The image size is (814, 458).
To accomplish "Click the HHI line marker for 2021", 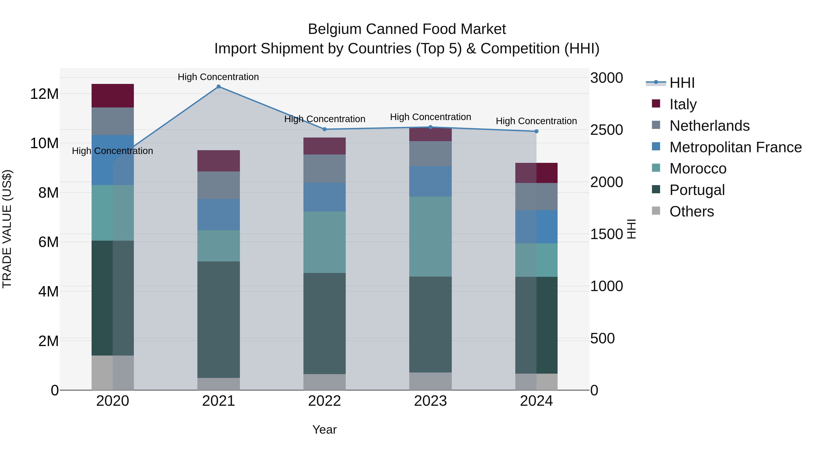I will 218,87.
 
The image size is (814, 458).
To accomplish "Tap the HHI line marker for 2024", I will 536,131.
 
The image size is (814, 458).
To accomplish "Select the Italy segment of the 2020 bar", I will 113,96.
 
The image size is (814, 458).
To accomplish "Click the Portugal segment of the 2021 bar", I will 218,319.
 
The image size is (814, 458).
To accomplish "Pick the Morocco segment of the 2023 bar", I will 430,236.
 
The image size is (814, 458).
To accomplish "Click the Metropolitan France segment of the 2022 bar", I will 324,197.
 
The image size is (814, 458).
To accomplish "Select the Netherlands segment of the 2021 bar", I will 218,185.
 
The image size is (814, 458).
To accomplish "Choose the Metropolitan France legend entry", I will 735,147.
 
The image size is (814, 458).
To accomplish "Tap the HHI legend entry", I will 681,83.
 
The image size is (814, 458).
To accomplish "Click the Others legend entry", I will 691,211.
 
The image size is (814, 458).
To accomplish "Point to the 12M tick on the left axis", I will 44,94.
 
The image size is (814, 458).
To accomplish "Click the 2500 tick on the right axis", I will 606,130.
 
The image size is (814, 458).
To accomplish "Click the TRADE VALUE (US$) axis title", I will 7,229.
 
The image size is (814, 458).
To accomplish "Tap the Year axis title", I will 324,430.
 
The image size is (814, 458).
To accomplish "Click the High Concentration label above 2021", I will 218,77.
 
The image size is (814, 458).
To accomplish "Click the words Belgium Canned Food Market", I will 407,29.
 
